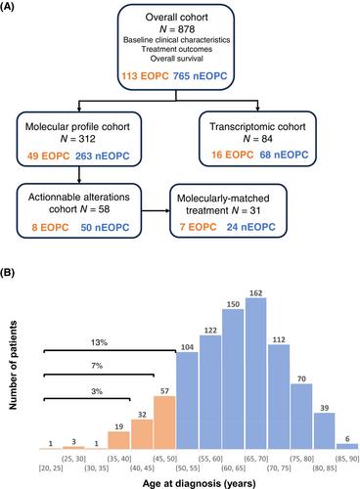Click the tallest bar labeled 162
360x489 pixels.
(x=256, y=374)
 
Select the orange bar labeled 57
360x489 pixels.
(x=164, y=422)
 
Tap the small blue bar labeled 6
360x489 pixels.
(x=347, y=446)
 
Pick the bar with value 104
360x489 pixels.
(x=187, y=401)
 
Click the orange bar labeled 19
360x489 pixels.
(x=118, y=440)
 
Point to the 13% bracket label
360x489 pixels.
(x=99, y=342)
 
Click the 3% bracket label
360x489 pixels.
(x=97, y=391)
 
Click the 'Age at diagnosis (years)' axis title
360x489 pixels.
(x=199, y=483)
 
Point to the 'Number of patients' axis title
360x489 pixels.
(x=13, y=365)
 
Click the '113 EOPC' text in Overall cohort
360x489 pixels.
(x=145, y=76)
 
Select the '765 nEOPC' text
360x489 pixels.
(x=200, y=76)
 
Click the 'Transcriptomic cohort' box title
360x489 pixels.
(x=257, y=126)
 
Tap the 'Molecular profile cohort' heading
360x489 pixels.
(x=77, y=126)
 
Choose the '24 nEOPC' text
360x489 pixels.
(x=251, y=227)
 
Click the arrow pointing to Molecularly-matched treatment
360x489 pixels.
(x=156, y=210)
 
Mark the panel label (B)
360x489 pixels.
(x=7, y=273)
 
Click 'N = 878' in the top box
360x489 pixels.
(x=177, y=29)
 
